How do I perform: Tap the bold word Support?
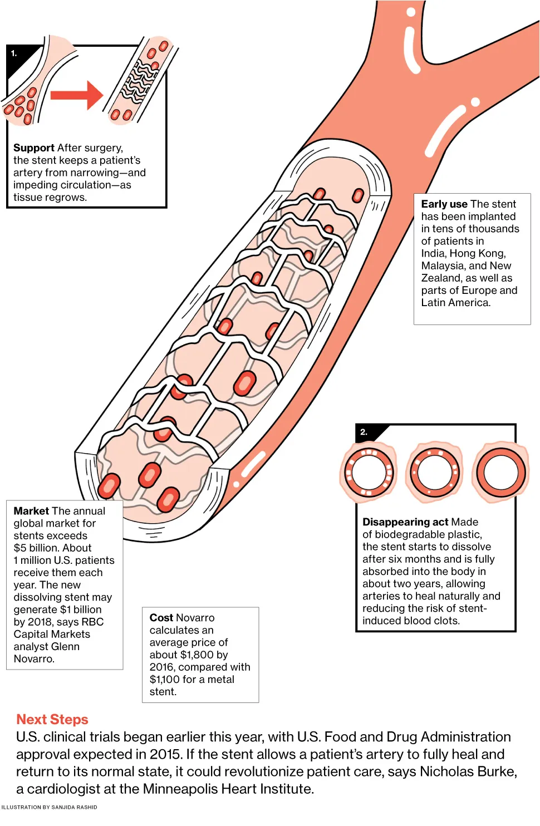[34, 148]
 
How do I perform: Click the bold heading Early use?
[444, 204]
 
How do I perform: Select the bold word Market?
[31, 511]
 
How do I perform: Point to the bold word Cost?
[161, 618]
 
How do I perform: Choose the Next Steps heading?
[52, 720]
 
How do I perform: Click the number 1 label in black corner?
[14, 53]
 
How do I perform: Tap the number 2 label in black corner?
[364, 432]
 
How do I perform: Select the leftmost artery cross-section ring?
[369, 472]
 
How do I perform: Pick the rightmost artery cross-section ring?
[501, 472]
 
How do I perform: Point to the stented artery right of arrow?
[140, 81]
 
